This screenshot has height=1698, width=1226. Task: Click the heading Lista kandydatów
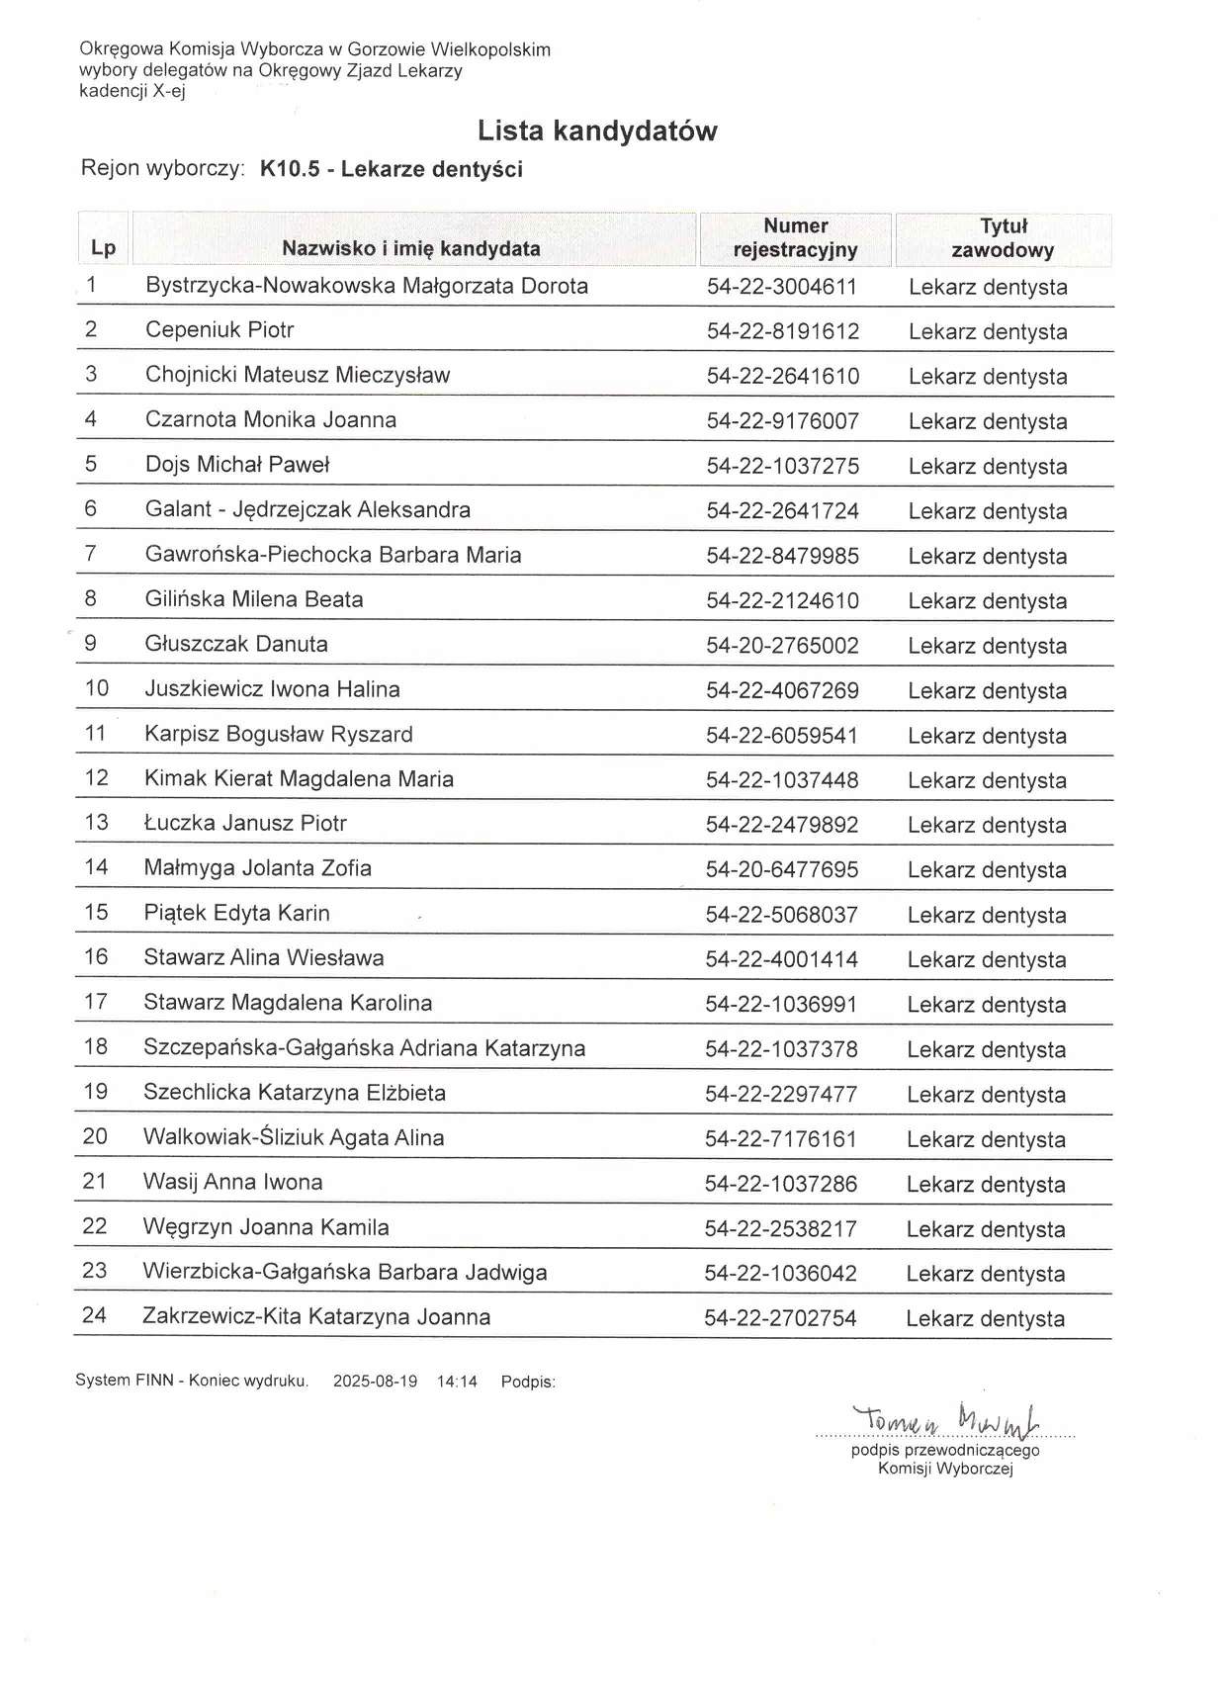[597, 131]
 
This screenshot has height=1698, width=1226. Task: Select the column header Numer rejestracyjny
[795, 238]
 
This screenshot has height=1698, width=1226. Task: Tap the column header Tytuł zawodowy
[1003, 238]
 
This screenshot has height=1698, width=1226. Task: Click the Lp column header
[103, 247]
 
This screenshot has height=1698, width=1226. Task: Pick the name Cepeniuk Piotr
[219, 330]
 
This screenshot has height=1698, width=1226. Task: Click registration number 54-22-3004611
[782, 287]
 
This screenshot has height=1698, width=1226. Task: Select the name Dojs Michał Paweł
[237, 465]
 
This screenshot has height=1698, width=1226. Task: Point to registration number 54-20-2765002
[782, 646]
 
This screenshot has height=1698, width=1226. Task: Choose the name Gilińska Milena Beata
[254, 599]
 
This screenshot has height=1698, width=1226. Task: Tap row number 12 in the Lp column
[97, 778]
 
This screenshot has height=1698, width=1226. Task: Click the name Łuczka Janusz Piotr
[245, 823]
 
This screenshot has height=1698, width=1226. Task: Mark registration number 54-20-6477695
[782, 870]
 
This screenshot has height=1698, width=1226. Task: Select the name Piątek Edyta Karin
[237, 913]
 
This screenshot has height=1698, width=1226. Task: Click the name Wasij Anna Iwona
[232, 1182]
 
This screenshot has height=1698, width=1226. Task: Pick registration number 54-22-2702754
[780, 1318]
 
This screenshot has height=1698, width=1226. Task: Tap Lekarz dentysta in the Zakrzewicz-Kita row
[985, 1318]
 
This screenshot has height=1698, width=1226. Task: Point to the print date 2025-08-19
[375, 1382]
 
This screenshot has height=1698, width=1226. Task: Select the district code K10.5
[290, 169]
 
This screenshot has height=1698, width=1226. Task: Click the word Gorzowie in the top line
[386, 49]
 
